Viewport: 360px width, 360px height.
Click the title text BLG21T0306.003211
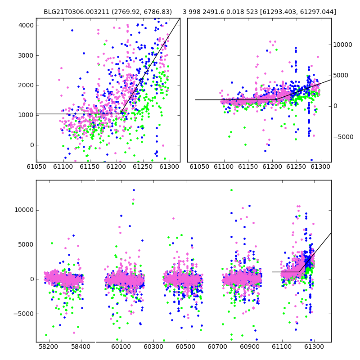[76, 12]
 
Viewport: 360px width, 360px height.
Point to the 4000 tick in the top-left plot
[26, 26]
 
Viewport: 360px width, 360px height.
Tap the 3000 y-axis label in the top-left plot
[26, 55]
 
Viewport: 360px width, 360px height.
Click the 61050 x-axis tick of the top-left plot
[36, 166]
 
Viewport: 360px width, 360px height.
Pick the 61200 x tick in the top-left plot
[117, 166]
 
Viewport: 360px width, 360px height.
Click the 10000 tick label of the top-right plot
[342, 45]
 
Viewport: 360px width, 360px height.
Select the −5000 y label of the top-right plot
[343, 137]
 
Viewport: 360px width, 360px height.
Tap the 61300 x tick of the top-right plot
[320, 166]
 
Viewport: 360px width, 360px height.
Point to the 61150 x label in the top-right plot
[248, 166]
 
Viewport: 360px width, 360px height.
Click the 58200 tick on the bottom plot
[49, 346]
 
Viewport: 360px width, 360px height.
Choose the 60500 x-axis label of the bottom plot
[185, 346]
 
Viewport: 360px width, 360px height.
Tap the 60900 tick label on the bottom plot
[250, 346]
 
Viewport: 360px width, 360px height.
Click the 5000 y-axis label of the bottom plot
[26, 245]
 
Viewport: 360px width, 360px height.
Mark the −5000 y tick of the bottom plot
[24, 314]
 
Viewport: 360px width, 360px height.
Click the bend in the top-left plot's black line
[121, 114]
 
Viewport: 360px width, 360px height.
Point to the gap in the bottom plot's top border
[95, 180]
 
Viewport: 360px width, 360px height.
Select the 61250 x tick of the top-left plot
[143, 166]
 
